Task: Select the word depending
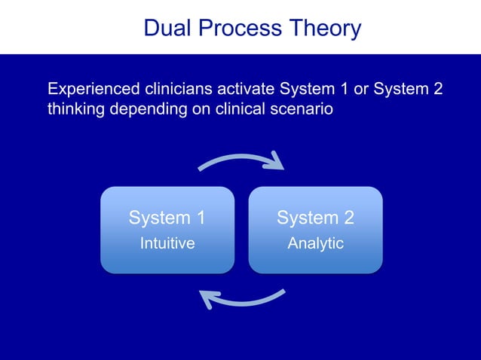click(x=145, y=109)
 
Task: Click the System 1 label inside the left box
click(x=167, y=218)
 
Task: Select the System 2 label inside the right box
click(x=315, y=218)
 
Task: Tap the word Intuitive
click(x=167, y=244)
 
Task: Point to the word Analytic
click(x=315, y=244)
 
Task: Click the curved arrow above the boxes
click(x=237, y=159)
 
